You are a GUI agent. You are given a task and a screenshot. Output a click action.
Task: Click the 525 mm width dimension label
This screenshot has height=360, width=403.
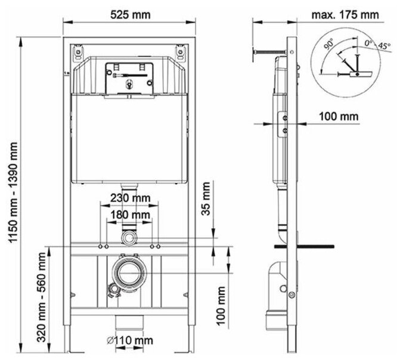(131, 15)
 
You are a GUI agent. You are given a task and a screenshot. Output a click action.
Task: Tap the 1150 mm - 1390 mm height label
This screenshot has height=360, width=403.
(13, 192)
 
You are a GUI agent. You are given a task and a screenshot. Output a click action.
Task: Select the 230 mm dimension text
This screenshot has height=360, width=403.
(131, 198)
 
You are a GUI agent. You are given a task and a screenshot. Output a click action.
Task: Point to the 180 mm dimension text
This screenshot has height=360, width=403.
(131, 215)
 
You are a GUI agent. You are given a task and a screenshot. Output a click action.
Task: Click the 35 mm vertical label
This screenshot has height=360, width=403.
(206, 198)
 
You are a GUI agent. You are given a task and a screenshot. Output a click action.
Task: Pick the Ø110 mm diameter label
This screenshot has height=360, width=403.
(130, 340)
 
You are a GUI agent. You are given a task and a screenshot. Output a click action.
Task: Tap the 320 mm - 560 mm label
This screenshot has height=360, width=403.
(42, 297)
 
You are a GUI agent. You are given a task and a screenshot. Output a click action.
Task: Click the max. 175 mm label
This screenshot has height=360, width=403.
(345, 15)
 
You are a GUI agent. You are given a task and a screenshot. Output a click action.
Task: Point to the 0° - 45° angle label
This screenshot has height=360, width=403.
(377, 45)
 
